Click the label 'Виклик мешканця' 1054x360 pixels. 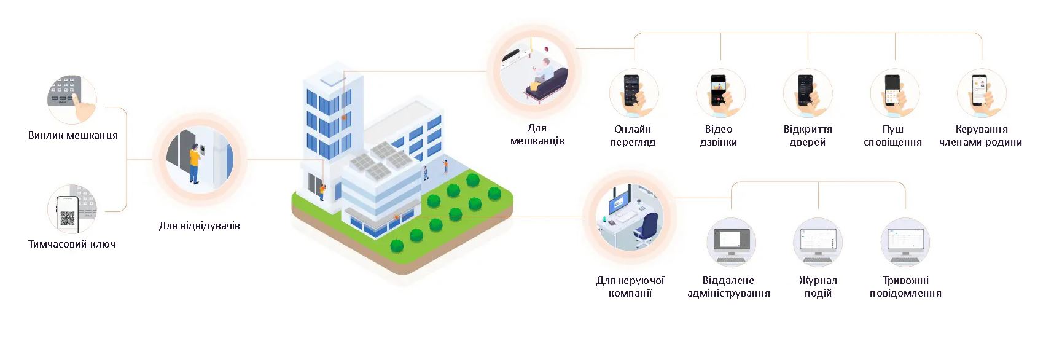(73, 135)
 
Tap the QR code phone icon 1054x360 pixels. (72, 209)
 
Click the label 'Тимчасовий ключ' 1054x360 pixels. (72, 244)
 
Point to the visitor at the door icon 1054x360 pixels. (200, 160)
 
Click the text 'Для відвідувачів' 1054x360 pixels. (200, 225)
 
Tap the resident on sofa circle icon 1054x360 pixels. (533, 70)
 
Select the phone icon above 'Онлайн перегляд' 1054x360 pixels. (633, 93)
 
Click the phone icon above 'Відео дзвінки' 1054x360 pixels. (720, 93)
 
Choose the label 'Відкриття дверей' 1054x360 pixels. (808, 135)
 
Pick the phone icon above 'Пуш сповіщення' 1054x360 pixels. (894, 93)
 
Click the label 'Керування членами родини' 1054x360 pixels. (981, 135)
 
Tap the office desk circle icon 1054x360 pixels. (630, 217)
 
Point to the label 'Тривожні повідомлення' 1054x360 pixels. (905, 286)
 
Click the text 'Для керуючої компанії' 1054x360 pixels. (630, 286)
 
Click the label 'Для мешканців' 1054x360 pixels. (537, 134)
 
